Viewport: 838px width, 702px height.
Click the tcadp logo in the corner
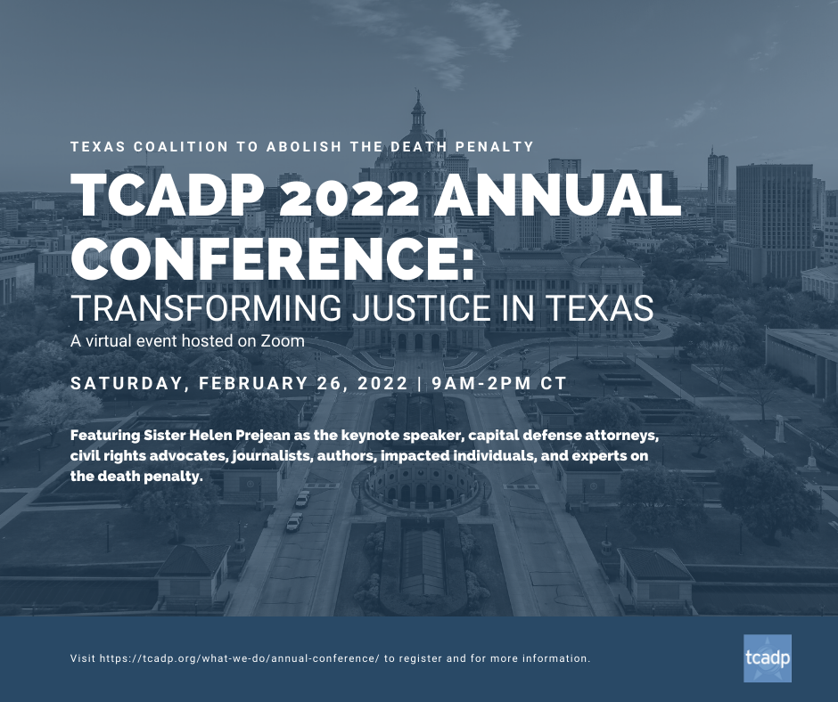[767, 658]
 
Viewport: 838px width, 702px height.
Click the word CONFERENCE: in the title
[273, 258]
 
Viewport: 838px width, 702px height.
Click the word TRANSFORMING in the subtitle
[206, 307]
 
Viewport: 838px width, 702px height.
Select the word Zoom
[283, 341]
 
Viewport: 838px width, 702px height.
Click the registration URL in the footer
[240, 658]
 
